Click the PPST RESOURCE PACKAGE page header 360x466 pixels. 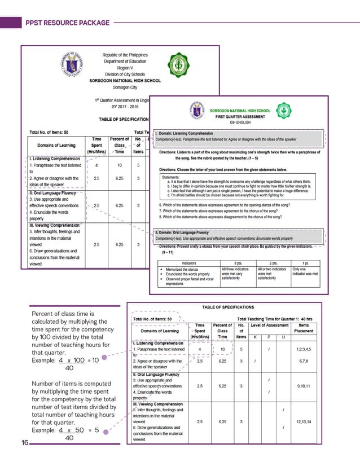(x=68, y=23)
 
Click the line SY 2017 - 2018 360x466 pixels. (x=125, y=106)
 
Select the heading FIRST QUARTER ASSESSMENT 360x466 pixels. (x=240, y=116)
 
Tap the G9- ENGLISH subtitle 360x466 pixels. (x=240, y=122)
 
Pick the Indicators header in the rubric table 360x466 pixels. (x=189, y=263)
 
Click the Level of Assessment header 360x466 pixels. (x=270, y=325)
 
